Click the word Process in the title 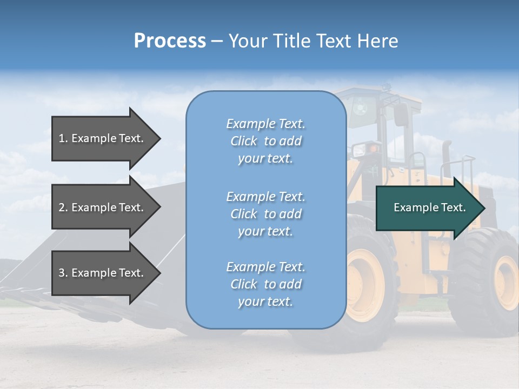pos(170,41)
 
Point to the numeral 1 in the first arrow pos(62,138)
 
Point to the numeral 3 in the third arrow pos(62,273)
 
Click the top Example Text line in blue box pos(265,124)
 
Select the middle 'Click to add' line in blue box pos(265,214)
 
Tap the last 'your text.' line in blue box pos(265,301)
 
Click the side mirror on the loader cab pos(401,115)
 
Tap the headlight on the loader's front pos(373,149)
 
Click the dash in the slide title pos(217,41)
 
